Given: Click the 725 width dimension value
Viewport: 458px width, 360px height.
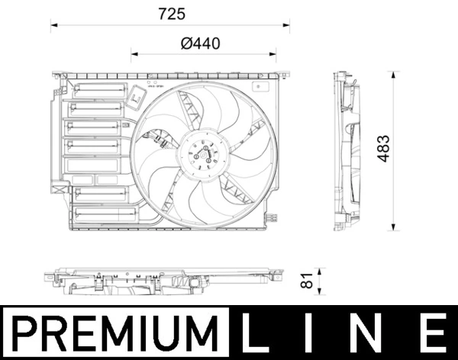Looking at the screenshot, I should click(172, 14).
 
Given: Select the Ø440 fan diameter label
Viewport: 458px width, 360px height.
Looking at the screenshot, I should click(201, 43).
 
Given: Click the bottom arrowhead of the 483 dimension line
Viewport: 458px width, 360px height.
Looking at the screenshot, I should click(392, 228).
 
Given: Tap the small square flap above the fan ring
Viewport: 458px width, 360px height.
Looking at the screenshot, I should click(138, 97).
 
